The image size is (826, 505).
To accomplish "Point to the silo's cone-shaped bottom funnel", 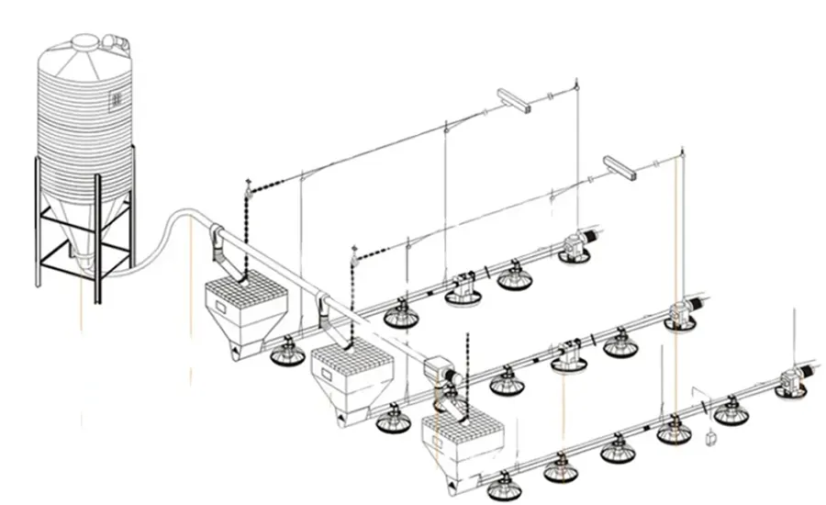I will (x=84, y=230).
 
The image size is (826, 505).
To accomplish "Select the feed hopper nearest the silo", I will (x=243, y=312).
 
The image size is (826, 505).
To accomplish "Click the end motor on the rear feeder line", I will (x=576, y=246).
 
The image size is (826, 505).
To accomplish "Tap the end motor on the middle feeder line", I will (x=684, y=313).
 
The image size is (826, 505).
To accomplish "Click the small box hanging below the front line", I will (x=709, y=439).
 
